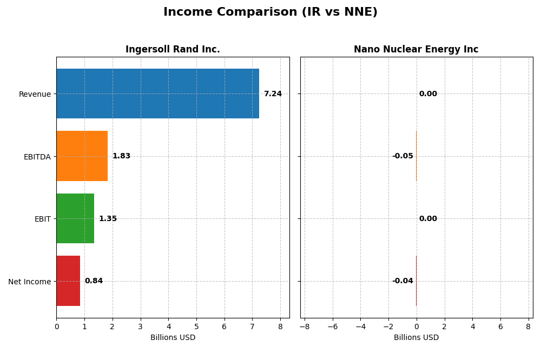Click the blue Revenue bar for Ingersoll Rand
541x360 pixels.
[157, 94]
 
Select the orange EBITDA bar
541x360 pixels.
[82, 156]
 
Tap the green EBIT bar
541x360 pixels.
[75, 218]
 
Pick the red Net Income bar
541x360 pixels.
[68, 281]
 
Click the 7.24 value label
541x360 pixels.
[273, 94]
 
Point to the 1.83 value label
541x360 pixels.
[121, 156]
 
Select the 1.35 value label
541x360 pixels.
[108, 219]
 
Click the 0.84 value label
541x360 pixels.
[94, 281]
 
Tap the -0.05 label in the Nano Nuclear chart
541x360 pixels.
[403, 156]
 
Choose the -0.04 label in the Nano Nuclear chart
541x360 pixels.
[403, 281]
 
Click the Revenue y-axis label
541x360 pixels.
[35, 94]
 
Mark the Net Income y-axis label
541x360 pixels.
[30, 282]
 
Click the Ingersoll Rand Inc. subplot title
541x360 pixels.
[173, 50]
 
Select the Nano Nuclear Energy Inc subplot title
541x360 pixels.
[416, 50]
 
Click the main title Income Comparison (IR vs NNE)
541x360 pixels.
[270, 12]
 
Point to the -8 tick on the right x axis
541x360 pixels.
[305, 326]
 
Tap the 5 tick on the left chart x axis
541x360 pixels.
[196, 326]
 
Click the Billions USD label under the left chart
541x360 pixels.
[173, 338]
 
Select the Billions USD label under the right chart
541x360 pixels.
[416, 338]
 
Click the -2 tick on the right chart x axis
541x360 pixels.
[388, 326]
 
